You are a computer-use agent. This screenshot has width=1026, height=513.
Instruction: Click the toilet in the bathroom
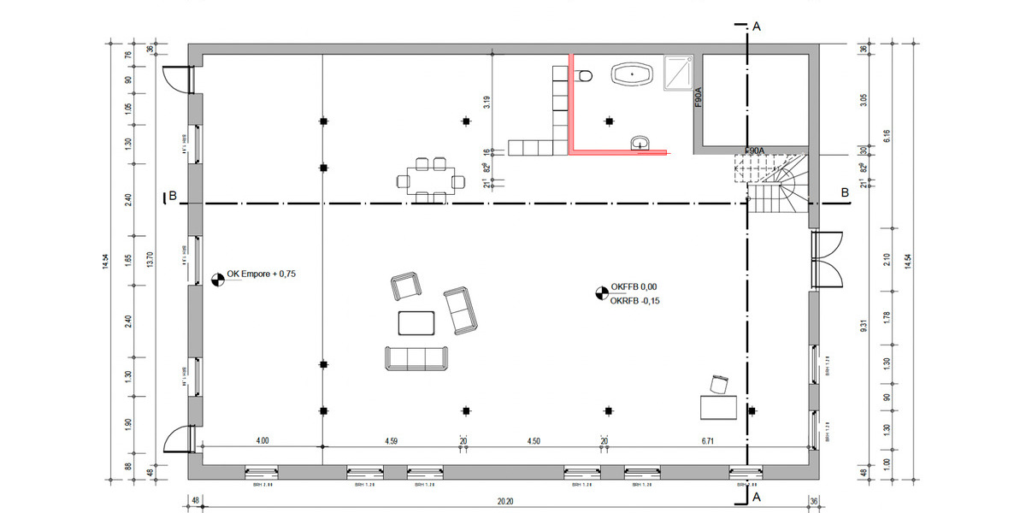pyautogui.click(x=585, y=77)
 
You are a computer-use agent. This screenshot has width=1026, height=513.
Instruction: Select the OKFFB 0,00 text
pyautogui.click(x=634, y=288)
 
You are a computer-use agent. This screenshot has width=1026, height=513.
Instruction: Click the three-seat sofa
pyautogui.click(x=417, y=358)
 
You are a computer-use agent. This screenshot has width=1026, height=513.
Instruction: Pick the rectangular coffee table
pyautogui.click(x=417, y=322)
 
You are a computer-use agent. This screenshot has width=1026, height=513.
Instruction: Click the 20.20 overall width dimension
pyautogui.click(x=503, y=503)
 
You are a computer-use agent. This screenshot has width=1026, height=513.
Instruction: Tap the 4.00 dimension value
pyautogui.click(x=262, y=441)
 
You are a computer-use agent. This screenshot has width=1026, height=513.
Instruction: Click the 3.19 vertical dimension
pyautogui.click(x=486, y=103)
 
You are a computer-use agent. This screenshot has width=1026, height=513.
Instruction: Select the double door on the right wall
pyautogui.click(x=826, y=259)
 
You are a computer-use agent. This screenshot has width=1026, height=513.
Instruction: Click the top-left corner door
pyautogui.click(x=177, y=80)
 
